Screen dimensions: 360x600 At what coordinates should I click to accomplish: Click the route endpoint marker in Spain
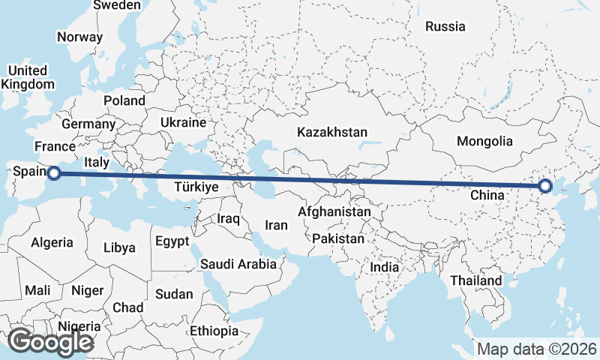point(53,174)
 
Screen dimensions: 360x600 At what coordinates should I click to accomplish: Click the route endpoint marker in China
point(544,186)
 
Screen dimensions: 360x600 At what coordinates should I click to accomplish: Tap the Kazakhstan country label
point(332,133)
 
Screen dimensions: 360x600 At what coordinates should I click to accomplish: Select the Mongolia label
point(484,141)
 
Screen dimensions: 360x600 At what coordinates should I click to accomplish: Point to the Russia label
point(445,27)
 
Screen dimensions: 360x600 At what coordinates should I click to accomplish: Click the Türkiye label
point(196,187)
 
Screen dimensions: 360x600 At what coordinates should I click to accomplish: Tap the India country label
point(385,267)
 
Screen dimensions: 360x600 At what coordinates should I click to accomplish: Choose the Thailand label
point(476,280)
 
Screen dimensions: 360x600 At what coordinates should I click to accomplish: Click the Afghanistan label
point(334,212)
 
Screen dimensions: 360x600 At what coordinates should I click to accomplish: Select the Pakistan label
point(338,239)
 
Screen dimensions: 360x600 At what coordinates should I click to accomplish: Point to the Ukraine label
point(183,122)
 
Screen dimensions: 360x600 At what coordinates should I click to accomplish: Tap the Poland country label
point(124,100)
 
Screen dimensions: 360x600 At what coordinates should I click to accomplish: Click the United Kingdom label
point(24,77)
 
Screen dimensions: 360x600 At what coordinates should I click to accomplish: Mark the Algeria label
point(52,242)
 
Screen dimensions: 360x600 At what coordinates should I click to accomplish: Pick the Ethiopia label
point(214,331)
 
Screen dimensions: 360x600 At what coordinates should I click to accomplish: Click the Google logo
point(50,342)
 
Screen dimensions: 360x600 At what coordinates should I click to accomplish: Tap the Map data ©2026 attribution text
point(537,349)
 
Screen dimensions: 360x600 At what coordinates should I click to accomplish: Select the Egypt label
point(172,241)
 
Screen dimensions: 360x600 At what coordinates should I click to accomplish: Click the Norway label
point(79,37)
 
